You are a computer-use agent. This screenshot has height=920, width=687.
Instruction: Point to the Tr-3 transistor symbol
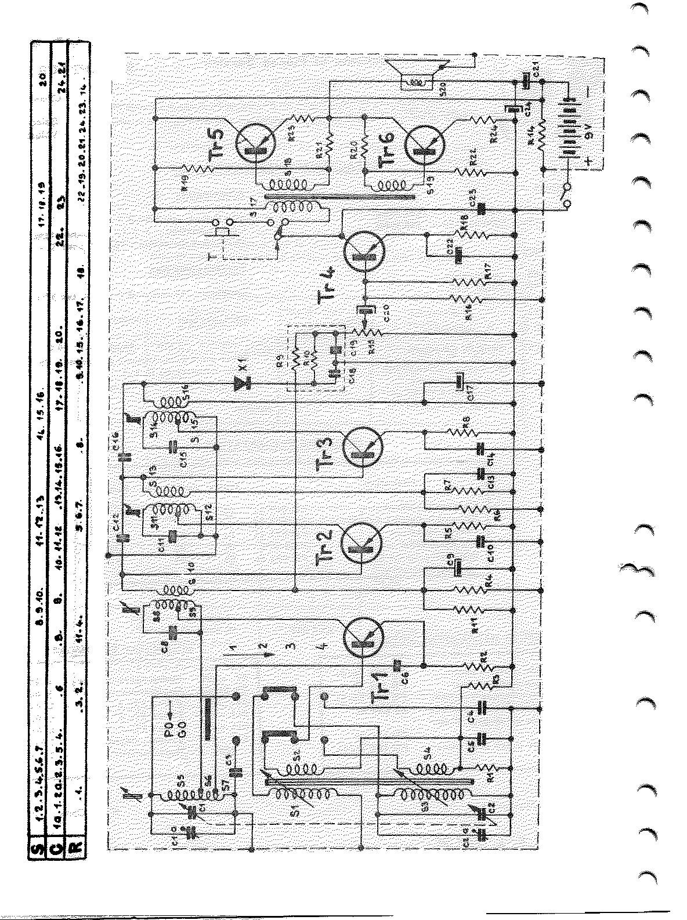pyautogui.click(x=363, y=448)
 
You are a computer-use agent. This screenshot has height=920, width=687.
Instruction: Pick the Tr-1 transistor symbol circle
pyautogui.click(x=363, y=639)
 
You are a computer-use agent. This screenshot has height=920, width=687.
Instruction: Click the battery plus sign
pyautogui.click(x=590, y=163)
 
